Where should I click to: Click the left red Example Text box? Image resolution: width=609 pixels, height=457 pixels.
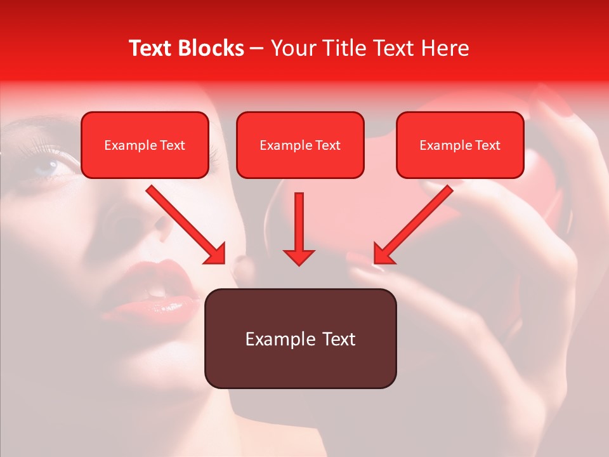click(145, 145)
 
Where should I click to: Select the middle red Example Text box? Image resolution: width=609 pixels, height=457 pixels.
click(300, 145)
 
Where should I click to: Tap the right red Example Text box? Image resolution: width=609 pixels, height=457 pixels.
click(460, 145)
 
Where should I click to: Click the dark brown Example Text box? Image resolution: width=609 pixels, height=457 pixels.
click(300, 338)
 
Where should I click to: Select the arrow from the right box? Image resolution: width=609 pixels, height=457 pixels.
click(413, 225)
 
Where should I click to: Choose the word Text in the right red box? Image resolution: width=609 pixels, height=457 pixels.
click(488, 145)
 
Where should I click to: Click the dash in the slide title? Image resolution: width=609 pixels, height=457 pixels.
click(258, 48)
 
